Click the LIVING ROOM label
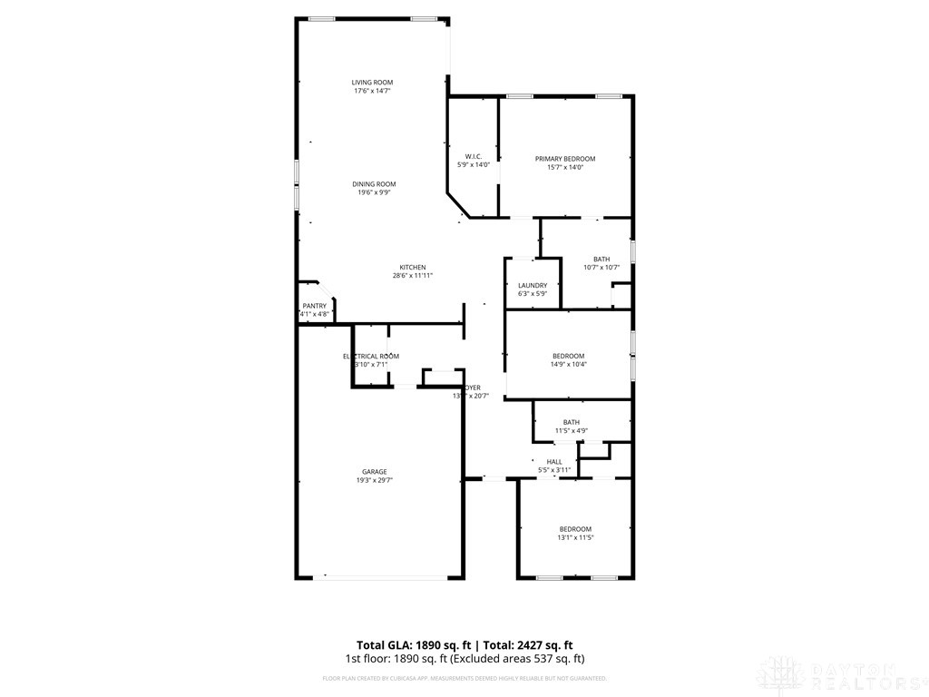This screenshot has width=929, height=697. click(373, 83)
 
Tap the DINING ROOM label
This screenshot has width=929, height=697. click(374, 184)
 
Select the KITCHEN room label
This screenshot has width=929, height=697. click(413, 267)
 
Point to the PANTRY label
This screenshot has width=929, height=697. click(314, 306)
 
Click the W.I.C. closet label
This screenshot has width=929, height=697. click(473, 156)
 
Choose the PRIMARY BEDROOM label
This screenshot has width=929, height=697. click(564, 159)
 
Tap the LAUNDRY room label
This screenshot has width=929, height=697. click(533, 285)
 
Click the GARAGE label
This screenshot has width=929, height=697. click(375, 471)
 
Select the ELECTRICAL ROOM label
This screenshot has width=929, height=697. click(371, 356)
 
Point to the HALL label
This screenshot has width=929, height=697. click(554, 461)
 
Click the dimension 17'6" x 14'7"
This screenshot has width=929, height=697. click(373, 91)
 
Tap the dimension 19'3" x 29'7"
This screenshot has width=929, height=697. click(375, 480)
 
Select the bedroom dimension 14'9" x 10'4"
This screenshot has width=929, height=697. click(569, 364)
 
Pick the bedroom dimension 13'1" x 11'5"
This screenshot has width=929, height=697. click(575, 537)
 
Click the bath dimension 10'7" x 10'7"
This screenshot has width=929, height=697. click(601, 267)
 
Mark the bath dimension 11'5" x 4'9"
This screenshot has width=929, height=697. click(572, 430)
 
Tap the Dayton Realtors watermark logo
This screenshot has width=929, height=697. click(838, 674)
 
